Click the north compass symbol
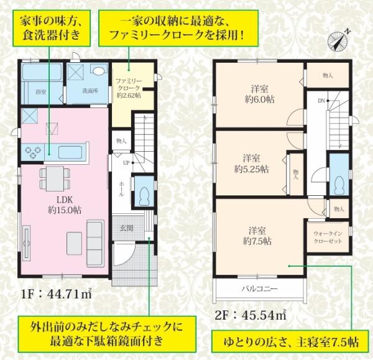tap(338, 40)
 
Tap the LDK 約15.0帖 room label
tap(65, 205)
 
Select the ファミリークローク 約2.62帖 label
tap(129, 88)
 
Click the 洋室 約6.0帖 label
tap(260, 95)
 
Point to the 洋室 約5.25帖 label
tap(251, 164)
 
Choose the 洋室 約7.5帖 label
tap(257, 236)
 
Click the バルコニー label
tap(259, 288)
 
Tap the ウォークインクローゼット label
tap(328, 238)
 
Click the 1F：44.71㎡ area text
tap(57, 295)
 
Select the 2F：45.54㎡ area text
tap(251, 315)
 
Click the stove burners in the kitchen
tap(33, 152)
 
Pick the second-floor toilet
tap(339, 182)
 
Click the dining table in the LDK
tap(55, 178)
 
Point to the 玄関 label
tap(126, 228)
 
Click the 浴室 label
tap(41, 92)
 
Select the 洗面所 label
tap(90, 91)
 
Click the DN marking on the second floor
tap(321, 101)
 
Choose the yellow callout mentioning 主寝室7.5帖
tap(291, 342)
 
